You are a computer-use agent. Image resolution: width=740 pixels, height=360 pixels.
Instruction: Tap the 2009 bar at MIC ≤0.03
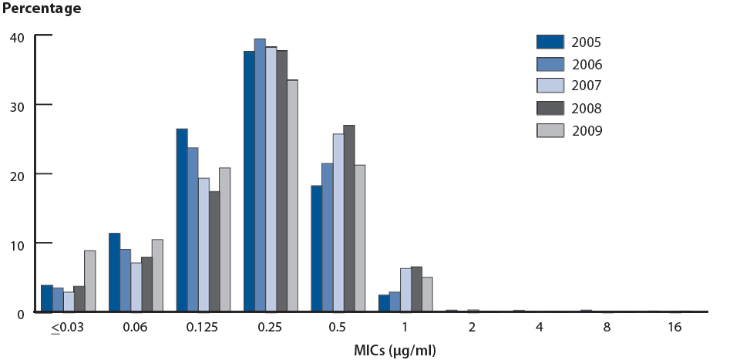(90, 281)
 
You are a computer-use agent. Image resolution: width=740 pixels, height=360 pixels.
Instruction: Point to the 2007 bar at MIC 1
(405, 291)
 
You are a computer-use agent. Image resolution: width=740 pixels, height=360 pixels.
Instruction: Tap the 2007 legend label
(587, 86)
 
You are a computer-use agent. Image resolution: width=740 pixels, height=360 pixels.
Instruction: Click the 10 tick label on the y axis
(18, 244)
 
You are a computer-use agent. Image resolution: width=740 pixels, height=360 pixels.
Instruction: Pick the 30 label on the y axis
(18, 106)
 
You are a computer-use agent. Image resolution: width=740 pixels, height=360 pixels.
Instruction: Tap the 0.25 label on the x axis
(270, 327)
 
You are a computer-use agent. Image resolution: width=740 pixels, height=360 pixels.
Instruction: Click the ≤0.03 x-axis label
(67, 327)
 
